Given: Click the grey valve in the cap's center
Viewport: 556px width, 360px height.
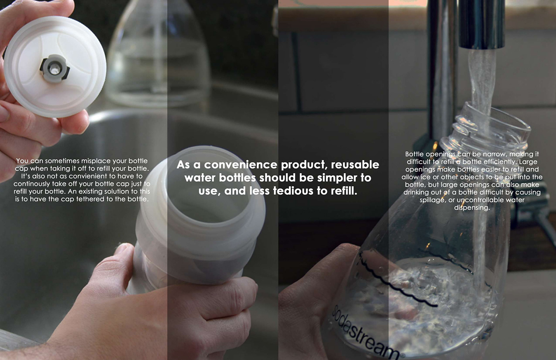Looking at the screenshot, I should click(54, 69).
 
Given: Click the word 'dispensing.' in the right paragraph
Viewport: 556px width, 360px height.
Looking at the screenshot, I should click(472, 207).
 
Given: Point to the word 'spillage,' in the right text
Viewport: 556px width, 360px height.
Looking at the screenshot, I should click(432, 200).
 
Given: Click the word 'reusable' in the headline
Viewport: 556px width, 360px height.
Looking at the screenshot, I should click(355, 165).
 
